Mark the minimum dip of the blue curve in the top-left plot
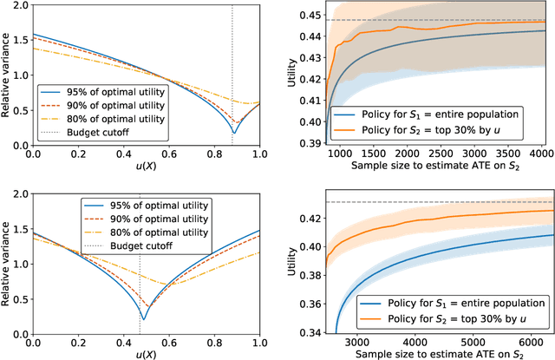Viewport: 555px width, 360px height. coord(233,133)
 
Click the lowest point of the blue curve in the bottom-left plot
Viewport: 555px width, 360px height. coord(142,318)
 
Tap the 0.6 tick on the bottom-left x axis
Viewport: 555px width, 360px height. coord(169,341)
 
